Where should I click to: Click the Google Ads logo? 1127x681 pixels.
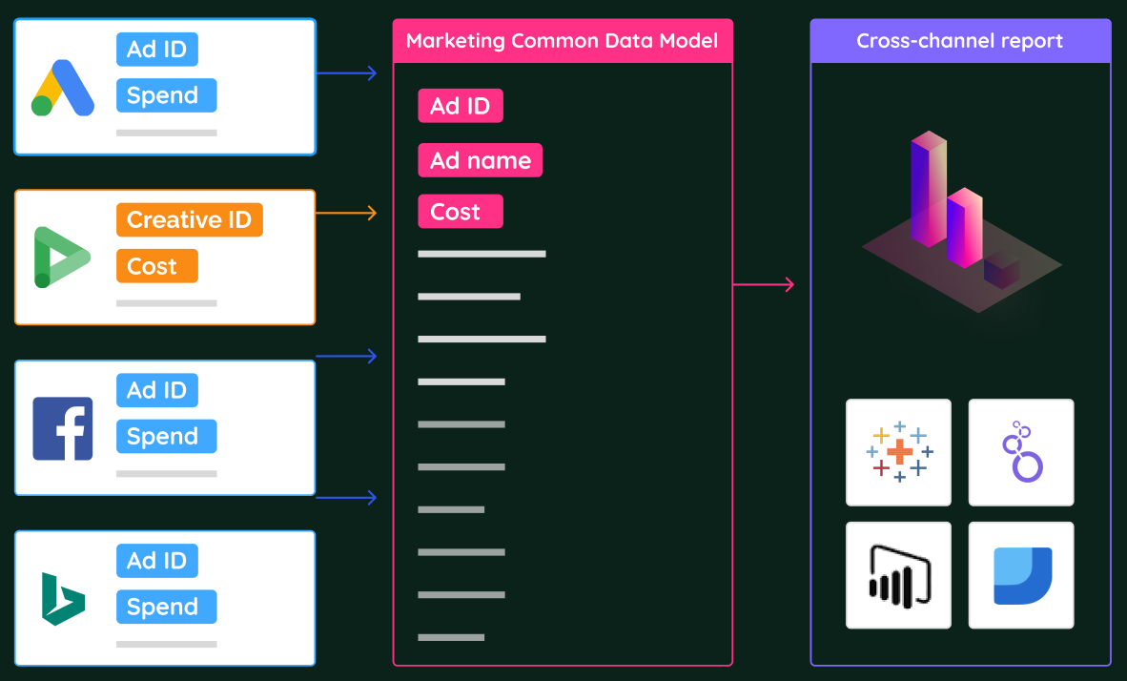(x=63, y=88)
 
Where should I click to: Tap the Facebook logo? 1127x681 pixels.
(x=63, y=428)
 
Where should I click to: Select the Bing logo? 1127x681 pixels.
(x=63, y=599)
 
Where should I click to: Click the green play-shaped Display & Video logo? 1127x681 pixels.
(x=62, y=258)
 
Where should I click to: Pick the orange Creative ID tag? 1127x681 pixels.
(x=190, y=219)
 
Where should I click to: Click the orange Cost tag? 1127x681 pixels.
(x=156, y=266)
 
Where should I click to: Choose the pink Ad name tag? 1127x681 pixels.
(x=481, y=160)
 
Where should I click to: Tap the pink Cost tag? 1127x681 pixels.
(x=461, y=212)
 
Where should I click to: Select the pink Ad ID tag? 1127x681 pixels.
(x=461, y=106)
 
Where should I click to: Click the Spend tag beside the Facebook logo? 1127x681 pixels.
(x=167, y=436)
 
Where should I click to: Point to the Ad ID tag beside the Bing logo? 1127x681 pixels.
(x=157, y=560)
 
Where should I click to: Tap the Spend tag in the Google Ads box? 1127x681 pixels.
(x=167, y=95)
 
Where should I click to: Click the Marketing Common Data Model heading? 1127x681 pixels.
(x=562, y=40)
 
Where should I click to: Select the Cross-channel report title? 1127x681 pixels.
(x=959, y=41)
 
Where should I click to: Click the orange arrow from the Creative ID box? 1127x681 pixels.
(x=346, y=213)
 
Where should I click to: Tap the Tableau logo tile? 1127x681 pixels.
(x=898, y=452)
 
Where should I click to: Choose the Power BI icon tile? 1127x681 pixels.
(x=898, y=575)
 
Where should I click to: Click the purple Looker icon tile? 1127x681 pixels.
(x=1021, y=452)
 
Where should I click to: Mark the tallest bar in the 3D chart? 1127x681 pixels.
(x=929, y=189)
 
